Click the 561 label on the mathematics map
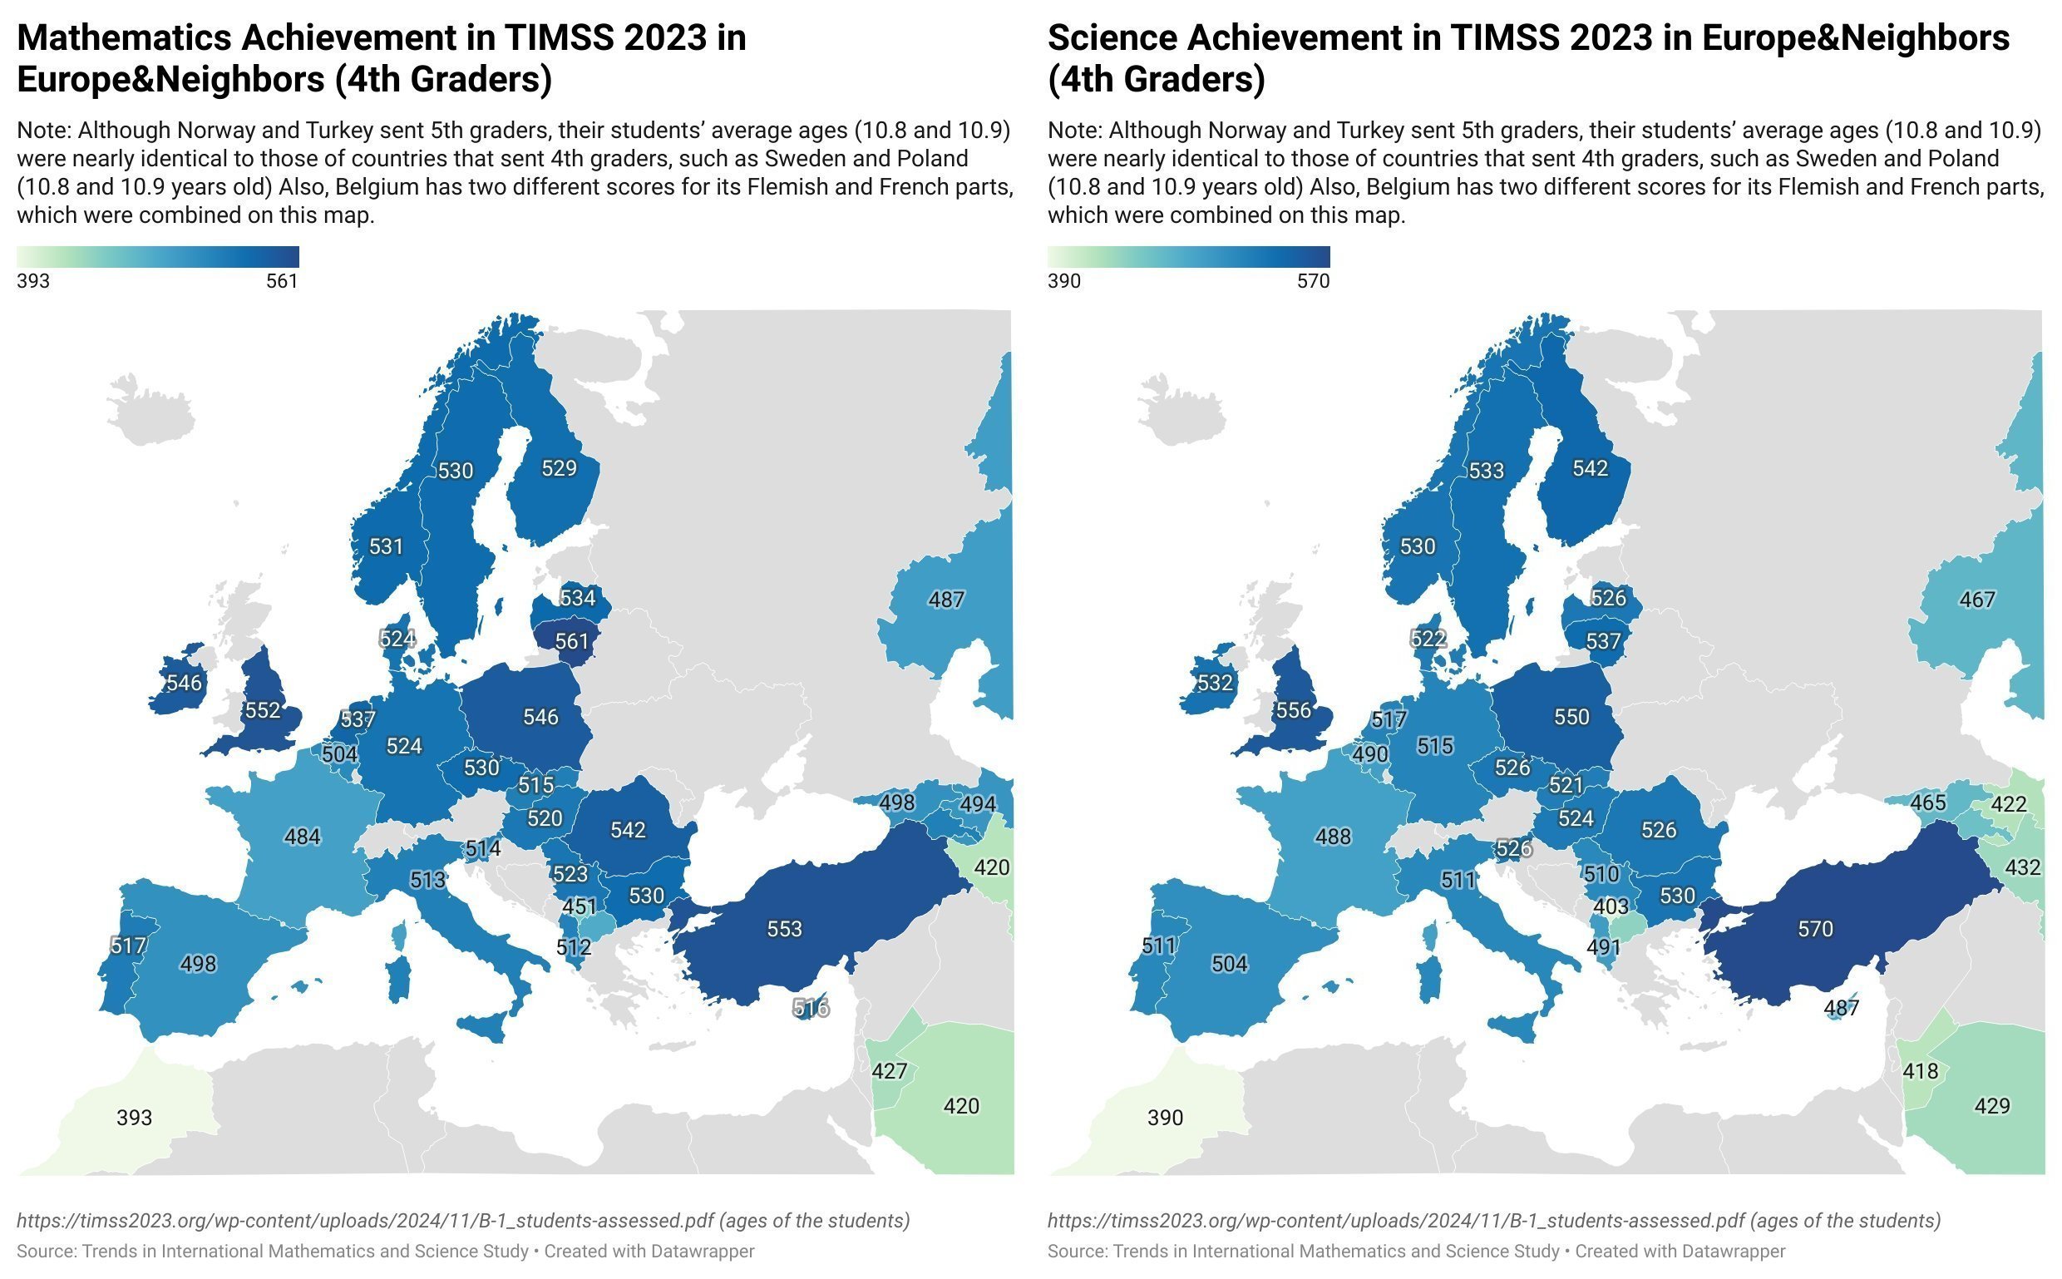click(x=571, y=641)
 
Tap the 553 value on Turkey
click(x=784, y=929)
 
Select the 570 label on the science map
click(x=1815, y=929)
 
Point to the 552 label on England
click(x=262, y=709)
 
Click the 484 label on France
click(x=302, y=837)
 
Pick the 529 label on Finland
click(x=558, y=468)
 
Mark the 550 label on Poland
click(x=1571, y=717)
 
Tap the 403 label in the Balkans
click(x=1611, y=906)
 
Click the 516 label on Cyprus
click(x=811, y=1007)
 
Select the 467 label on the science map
click(x=1977, y=599)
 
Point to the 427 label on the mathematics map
click(x=889, y=1071)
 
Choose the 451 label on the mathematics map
click(x=580, y=906)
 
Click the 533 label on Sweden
click(x=1486, y=471)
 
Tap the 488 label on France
click(x=1333, y=837)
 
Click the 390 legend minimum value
click(x=1064, y=281)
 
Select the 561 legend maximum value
click(x=282, y=281)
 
